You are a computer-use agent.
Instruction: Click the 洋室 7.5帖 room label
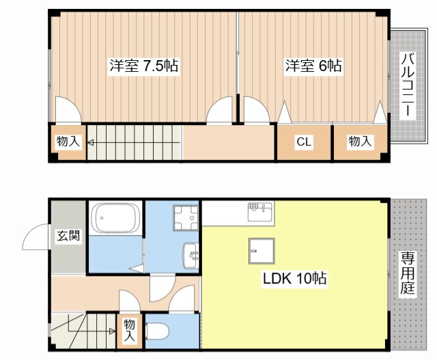tap(144, 66)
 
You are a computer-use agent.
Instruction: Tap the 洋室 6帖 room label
tap(313, 66)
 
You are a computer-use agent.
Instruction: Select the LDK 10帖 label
tap(294, 279)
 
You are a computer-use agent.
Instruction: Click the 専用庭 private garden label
tap(408, 274)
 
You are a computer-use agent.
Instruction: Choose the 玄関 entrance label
tap(68, 236)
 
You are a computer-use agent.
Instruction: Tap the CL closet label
tap(304, 142)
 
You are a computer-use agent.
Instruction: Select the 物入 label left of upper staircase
tap(68, 141)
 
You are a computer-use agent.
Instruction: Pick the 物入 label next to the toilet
tap(130, 330)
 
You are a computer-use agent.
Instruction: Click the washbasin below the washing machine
tap(191, 257)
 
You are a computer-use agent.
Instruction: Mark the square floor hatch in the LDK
tap(261, 251)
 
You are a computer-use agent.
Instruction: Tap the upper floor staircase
tap(133, 143)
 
